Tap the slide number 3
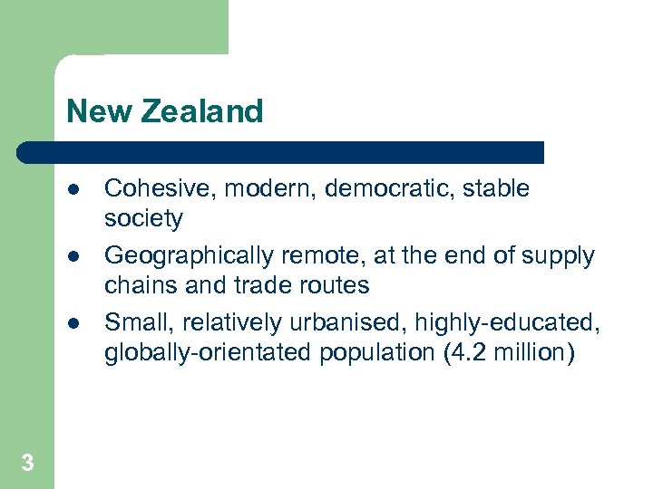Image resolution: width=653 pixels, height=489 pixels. point(27,464)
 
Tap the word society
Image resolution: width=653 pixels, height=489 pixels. point(143,218)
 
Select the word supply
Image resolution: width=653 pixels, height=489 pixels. point(557,256)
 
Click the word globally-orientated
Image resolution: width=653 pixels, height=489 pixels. point(208,352)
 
